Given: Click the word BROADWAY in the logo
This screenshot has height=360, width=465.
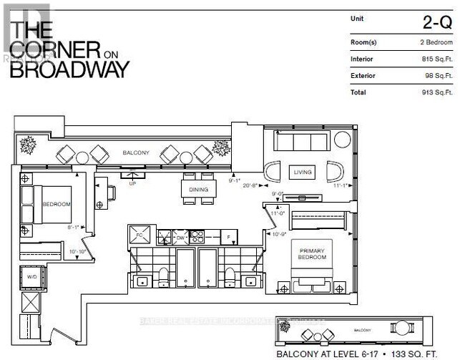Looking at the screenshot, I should (x=70, y=69).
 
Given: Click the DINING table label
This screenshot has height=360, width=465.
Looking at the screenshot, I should (x=198, y=190).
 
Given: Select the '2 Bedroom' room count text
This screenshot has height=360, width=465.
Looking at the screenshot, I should (x=437, y=43).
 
